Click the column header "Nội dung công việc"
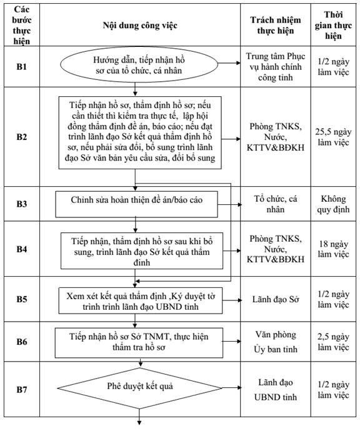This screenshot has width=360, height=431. click(x=140, y=25)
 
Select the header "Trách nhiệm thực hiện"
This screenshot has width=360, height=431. click(x=275, y=25)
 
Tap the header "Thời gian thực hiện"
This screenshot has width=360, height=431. click(x=333, y=25)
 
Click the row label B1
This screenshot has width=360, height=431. click(x=21, y=66)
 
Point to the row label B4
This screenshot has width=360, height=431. click(x=21, y=249)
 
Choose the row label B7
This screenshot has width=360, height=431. click(x=21, y=389)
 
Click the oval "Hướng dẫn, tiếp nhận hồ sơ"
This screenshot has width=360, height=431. click(x=139, y=65)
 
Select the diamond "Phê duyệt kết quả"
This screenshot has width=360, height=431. click(x=139, y=388)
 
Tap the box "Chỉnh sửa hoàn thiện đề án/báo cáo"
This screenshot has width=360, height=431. click(x=137, y=204)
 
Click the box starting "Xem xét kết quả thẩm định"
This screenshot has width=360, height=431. click(x=141, y=300)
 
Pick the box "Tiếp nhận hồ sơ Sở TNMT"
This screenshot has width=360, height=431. click(x=139, y=342)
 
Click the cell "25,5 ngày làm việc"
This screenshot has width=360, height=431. click(x=333, y=137)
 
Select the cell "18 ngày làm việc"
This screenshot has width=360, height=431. click(x=333, y=249)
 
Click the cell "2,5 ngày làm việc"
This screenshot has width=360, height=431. click(x=333, y=342)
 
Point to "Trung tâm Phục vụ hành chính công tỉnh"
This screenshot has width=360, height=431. click(x=275, y=67)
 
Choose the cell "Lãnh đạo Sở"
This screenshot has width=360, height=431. click(x=275, y=299)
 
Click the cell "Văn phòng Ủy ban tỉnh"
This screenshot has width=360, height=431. click(x=275, y=342)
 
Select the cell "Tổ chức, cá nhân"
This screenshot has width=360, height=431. click(x=275, y=204)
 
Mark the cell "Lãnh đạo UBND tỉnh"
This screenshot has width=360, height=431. click(x=275, y=390)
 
